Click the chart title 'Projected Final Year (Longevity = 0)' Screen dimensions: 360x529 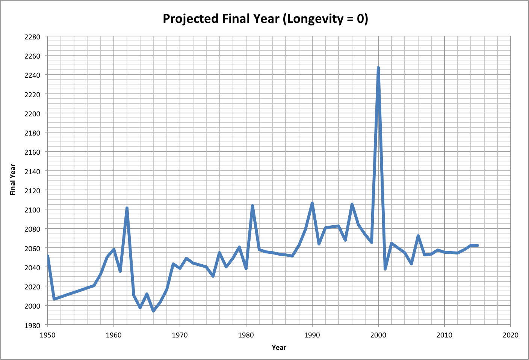265,18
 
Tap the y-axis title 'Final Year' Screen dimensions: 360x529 13,180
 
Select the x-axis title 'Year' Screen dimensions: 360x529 279,348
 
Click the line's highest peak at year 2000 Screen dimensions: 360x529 378,68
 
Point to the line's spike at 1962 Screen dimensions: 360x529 127,208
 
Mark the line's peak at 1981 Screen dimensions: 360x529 252,206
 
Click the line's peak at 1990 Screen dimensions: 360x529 312,203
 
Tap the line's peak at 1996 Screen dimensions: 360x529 352,205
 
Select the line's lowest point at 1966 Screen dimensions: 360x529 153,311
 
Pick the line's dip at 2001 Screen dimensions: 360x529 385,269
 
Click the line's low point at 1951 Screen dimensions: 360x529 54,299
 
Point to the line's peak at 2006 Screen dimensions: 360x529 418,236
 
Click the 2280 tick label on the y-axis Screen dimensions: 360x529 32,37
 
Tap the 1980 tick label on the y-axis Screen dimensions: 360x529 32,325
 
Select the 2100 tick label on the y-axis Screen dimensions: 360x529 32,209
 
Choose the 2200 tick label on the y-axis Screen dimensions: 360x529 32,113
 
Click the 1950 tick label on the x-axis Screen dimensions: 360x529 48,335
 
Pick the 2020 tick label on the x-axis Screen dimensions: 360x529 510,335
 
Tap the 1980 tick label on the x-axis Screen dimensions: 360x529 246,335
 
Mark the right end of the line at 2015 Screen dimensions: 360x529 477,246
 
